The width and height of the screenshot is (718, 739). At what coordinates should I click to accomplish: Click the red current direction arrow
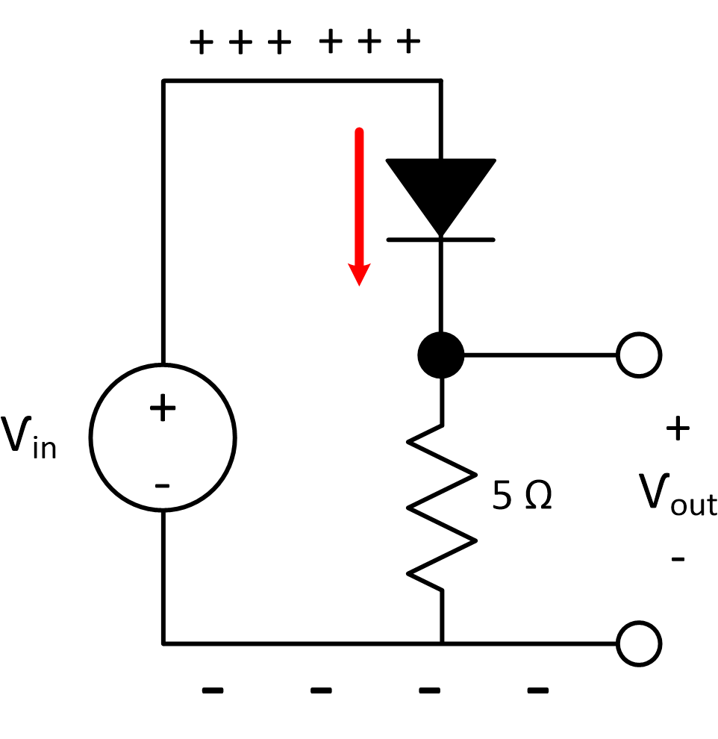pos(359,202)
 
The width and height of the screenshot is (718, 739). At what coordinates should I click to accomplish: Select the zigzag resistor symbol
pos(441,508)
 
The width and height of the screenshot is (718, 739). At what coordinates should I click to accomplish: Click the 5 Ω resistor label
pos(522,497)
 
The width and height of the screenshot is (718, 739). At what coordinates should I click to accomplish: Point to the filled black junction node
pos(441,355)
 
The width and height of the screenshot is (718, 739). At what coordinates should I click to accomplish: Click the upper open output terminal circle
pos(639,355)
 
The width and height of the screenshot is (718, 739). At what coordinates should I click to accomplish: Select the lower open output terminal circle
pos(639,643)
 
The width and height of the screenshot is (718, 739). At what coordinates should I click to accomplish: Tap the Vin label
pos(28,438)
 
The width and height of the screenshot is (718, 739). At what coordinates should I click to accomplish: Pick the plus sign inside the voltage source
pos(163,408)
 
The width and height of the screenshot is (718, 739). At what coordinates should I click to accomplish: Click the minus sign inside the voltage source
pos(162,487)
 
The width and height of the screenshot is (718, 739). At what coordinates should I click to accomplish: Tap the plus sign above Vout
pos(677,429)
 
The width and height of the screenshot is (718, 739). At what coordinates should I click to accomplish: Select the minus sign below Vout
pos(677,558)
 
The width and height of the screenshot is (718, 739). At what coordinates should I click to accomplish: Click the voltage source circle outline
pos(91,437)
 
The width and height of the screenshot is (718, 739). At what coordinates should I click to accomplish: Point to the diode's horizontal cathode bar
pos(440,240)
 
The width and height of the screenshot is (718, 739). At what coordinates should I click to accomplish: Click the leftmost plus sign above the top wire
pos(201,42)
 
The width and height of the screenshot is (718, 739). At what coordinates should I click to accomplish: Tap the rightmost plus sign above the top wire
pos(408,42)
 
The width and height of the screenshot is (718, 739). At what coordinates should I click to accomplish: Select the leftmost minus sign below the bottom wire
pos(213,690)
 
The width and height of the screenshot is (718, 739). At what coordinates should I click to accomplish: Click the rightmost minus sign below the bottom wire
pos(538,690)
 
